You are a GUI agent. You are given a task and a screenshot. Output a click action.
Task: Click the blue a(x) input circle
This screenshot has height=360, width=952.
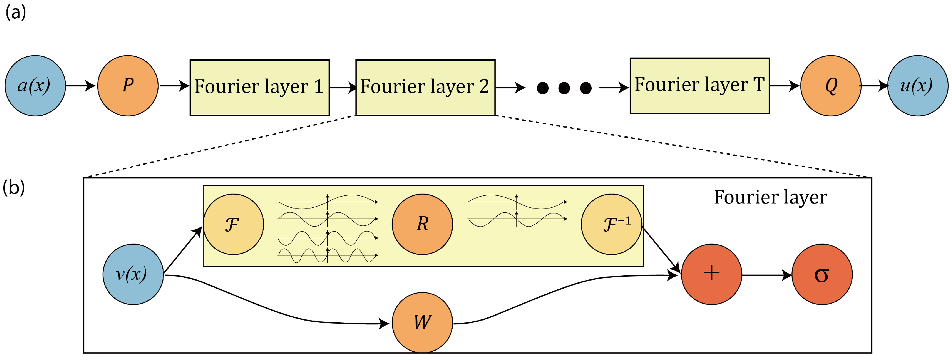(35, 86)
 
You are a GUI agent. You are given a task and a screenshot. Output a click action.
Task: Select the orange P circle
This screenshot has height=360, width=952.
(128, 86)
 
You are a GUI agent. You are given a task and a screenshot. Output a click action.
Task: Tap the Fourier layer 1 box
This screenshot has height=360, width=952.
(259, 88)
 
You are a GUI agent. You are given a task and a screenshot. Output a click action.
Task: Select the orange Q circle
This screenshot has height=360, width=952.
(831, 86)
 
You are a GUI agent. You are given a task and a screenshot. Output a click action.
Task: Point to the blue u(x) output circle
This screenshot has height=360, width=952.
(917, 86)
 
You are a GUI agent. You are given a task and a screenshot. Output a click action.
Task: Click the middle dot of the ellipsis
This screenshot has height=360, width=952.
(564, 88)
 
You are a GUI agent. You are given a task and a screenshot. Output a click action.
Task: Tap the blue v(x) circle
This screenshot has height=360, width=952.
(133, 274)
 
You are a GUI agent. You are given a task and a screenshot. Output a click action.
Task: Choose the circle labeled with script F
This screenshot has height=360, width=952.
(233, 224)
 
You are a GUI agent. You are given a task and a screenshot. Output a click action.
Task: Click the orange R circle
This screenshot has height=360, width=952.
(422, 224)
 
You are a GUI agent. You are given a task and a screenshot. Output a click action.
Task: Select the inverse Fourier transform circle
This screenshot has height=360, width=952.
(611, 224)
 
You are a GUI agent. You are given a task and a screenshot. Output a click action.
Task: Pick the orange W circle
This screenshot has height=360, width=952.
(422, 322)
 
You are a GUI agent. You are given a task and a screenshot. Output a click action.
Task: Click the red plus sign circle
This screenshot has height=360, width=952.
(711, 274)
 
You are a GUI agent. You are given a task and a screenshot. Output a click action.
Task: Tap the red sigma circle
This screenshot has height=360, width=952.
(822, 274)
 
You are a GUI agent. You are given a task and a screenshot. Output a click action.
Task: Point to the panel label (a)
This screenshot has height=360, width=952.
(15, 13)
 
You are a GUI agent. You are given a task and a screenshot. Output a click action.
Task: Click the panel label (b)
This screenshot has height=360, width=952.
(14, 187)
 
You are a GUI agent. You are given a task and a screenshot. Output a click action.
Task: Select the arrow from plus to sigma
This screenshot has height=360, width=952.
(767, 275)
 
